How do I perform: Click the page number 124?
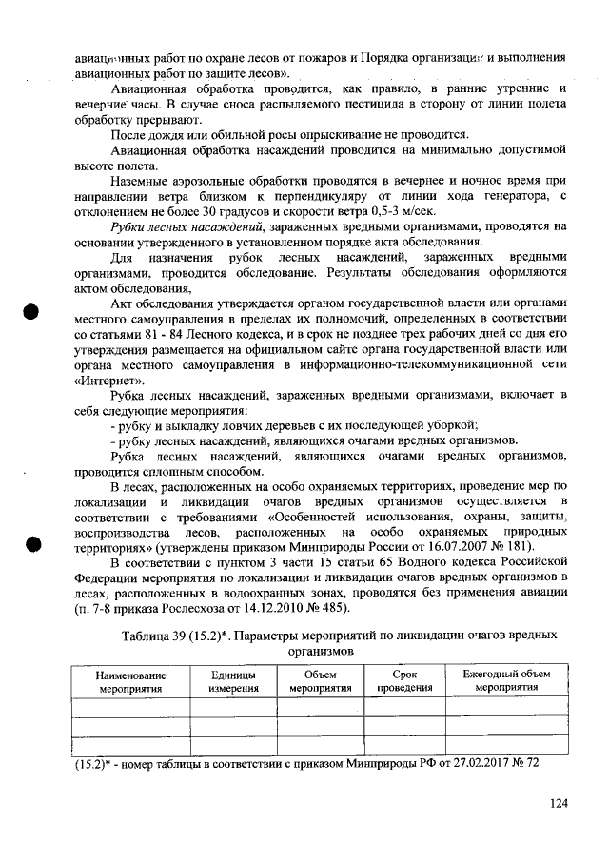pos(558,804)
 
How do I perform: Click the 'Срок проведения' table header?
pos(398,680)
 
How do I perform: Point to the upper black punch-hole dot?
pos(34,312)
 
